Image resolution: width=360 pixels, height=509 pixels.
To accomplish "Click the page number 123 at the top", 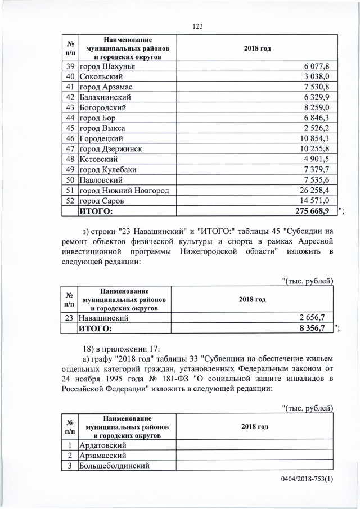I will point(197,26).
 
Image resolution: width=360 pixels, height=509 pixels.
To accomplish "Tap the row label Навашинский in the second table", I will point(103,318).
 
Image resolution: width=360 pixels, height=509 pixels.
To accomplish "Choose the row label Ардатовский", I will point(103,445).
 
